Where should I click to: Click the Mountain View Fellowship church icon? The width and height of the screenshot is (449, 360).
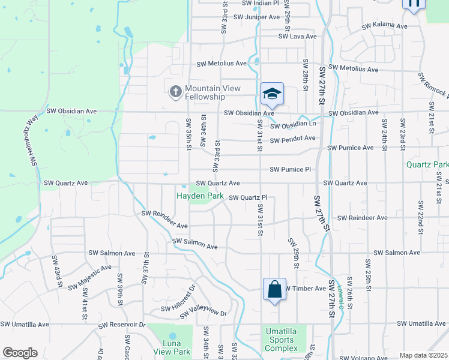coord(175,92)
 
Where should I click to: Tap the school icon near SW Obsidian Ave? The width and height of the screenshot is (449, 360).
coord(272,94)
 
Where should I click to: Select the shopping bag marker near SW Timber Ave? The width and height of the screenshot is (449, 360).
coord(274,290)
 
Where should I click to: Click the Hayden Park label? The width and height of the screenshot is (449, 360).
coord(199,196)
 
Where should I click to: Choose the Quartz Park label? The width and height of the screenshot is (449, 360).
coord(427,164)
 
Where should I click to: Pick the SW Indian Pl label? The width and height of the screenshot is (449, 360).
coord(261,3)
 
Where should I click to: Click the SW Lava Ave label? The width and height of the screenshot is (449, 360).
coord(297,37)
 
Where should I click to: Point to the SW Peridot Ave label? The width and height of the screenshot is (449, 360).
coord(292,139)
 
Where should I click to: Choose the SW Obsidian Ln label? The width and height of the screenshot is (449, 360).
coord(293,125)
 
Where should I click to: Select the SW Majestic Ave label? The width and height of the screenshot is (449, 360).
coord(90,278)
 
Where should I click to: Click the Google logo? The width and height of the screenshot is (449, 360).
coord(20,353)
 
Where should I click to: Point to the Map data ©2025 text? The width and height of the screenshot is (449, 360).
coord(423,355)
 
